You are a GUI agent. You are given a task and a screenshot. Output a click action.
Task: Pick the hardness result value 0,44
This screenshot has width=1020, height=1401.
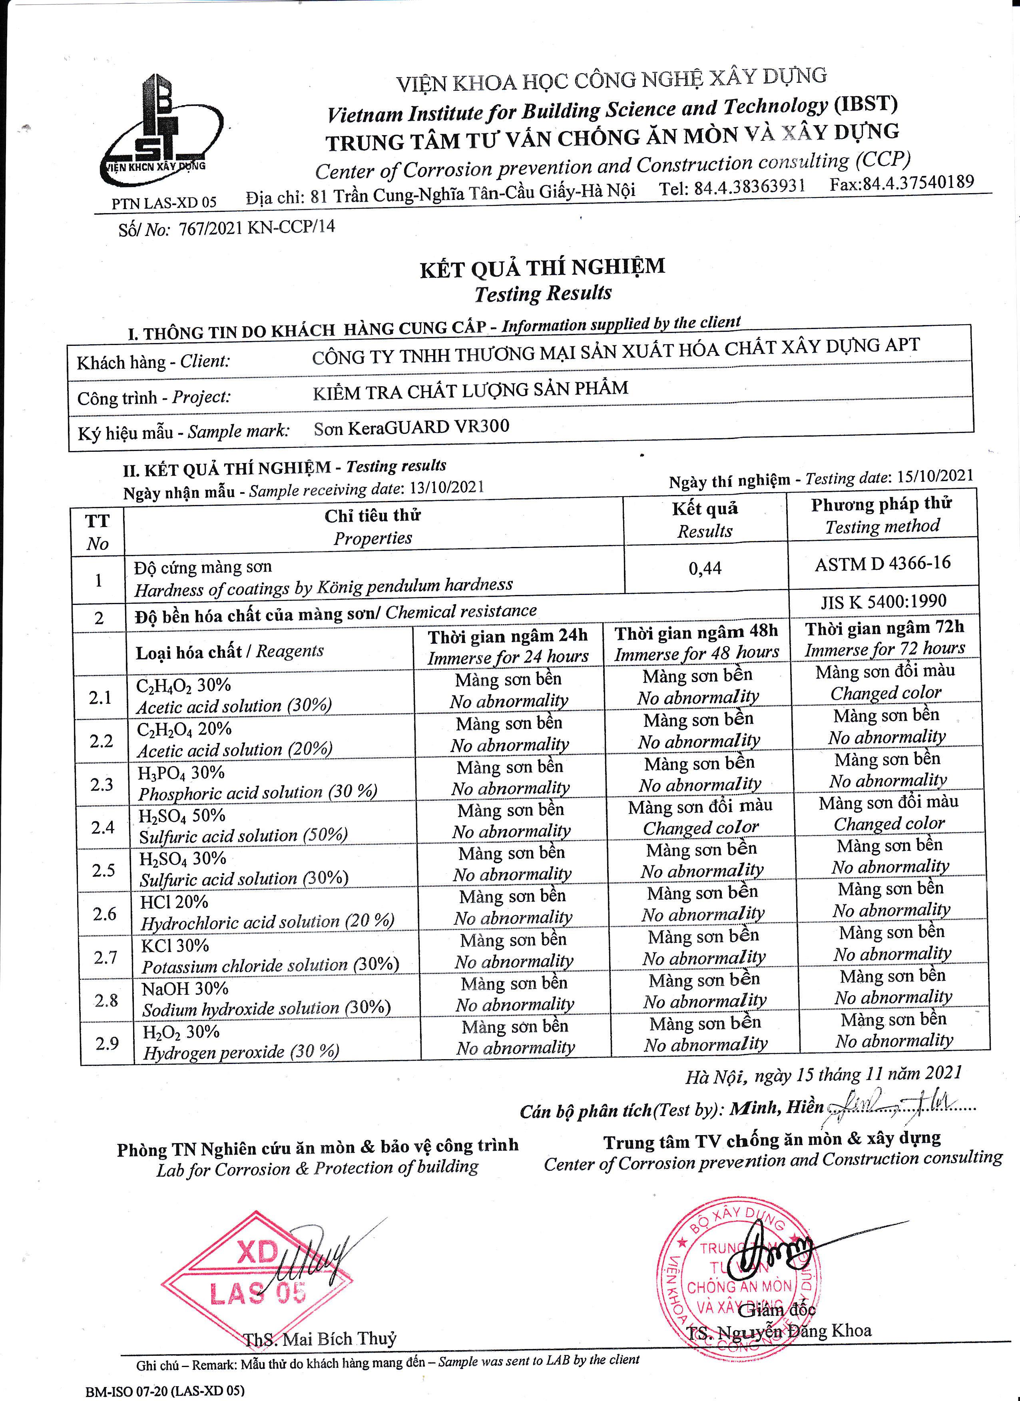[x=705, y=568]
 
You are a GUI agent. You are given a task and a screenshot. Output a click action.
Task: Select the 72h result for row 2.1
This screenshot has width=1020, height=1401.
[x=885, y=682]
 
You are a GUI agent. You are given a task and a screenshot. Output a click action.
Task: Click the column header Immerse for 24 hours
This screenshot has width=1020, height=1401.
[x=508, y=657]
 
